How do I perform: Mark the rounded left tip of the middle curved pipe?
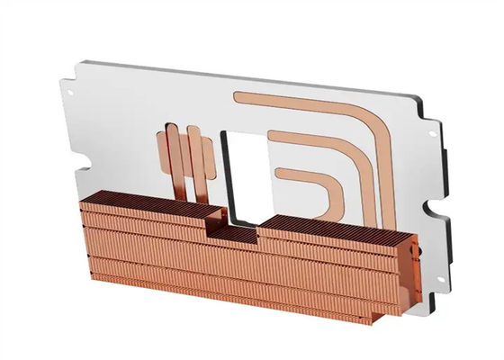tap(273, 137)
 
